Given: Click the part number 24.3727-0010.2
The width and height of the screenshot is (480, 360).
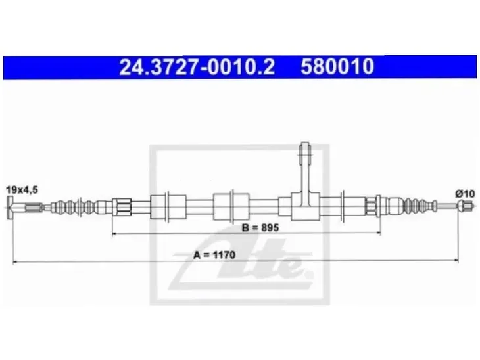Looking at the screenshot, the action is click(x=197, y=66).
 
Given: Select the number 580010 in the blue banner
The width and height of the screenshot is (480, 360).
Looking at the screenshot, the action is click(x=337, y=66).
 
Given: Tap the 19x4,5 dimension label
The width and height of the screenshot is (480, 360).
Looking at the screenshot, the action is click(x=22, y=190).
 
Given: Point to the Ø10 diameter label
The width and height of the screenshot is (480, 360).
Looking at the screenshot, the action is click(x=465, y=194).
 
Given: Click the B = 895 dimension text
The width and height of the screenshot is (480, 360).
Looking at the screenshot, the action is click(x=260, y=227).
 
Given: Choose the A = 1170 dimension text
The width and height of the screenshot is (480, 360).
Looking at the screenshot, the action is click(x=214, y=254).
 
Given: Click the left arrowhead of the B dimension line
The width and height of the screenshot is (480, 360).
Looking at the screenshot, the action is click(x=114, y=233).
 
